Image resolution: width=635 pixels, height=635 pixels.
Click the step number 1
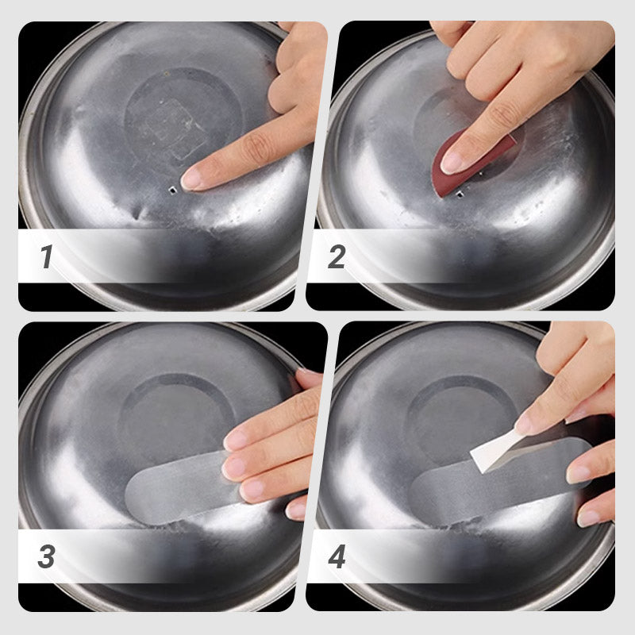(x=46, y=256)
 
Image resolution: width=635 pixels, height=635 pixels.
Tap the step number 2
(x=337, y=256)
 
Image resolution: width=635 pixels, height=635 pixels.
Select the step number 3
(x=46, y=556)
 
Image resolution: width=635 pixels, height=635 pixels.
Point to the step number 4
(x=337, y=556)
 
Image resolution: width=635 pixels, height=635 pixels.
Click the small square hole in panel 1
(x=171, y=190)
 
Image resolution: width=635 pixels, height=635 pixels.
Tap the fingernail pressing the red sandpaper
(x=453, y=162)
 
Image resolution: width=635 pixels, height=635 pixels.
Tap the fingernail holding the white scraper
(x=524, y=423)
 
